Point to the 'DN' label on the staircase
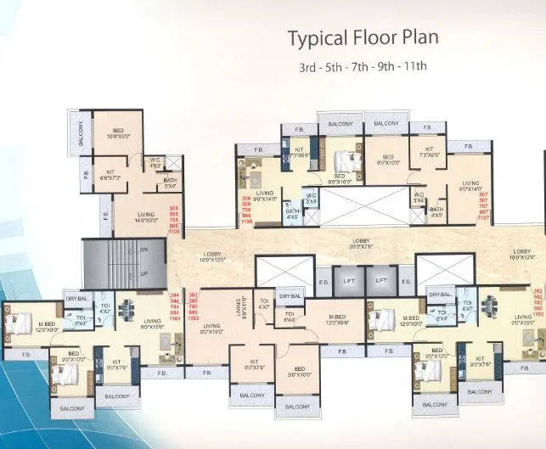click(x=142, y=250)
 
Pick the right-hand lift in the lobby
click(x=381, y=279)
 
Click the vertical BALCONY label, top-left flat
click(x=81, y=133)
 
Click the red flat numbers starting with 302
click(x=538, y=304)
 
